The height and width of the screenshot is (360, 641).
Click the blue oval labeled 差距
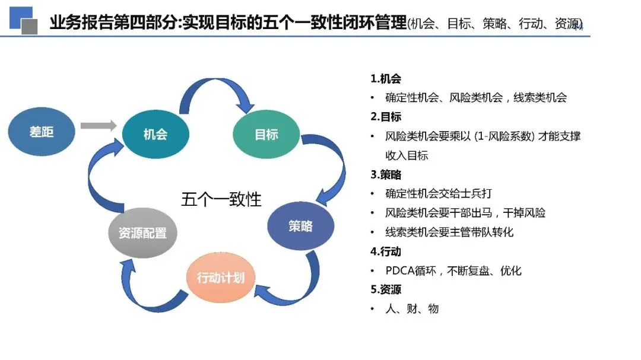[42, 131]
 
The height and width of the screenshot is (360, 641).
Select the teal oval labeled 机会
[155, 134]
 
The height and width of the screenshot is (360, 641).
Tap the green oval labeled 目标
[266, 134]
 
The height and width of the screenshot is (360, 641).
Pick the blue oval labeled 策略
[300, 226]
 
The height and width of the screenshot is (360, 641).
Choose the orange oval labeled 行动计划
[221, 277]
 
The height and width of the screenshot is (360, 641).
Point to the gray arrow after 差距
[98, 126]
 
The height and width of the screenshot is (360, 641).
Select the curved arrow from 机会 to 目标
[214, 92]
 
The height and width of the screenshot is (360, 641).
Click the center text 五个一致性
[221, 199]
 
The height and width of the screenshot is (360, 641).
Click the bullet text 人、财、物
[412, 309]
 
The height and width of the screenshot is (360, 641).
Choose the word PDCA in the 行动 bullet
[401, 271]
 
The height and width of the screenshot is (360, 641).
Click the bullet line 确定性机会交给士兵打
[439, 194]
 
